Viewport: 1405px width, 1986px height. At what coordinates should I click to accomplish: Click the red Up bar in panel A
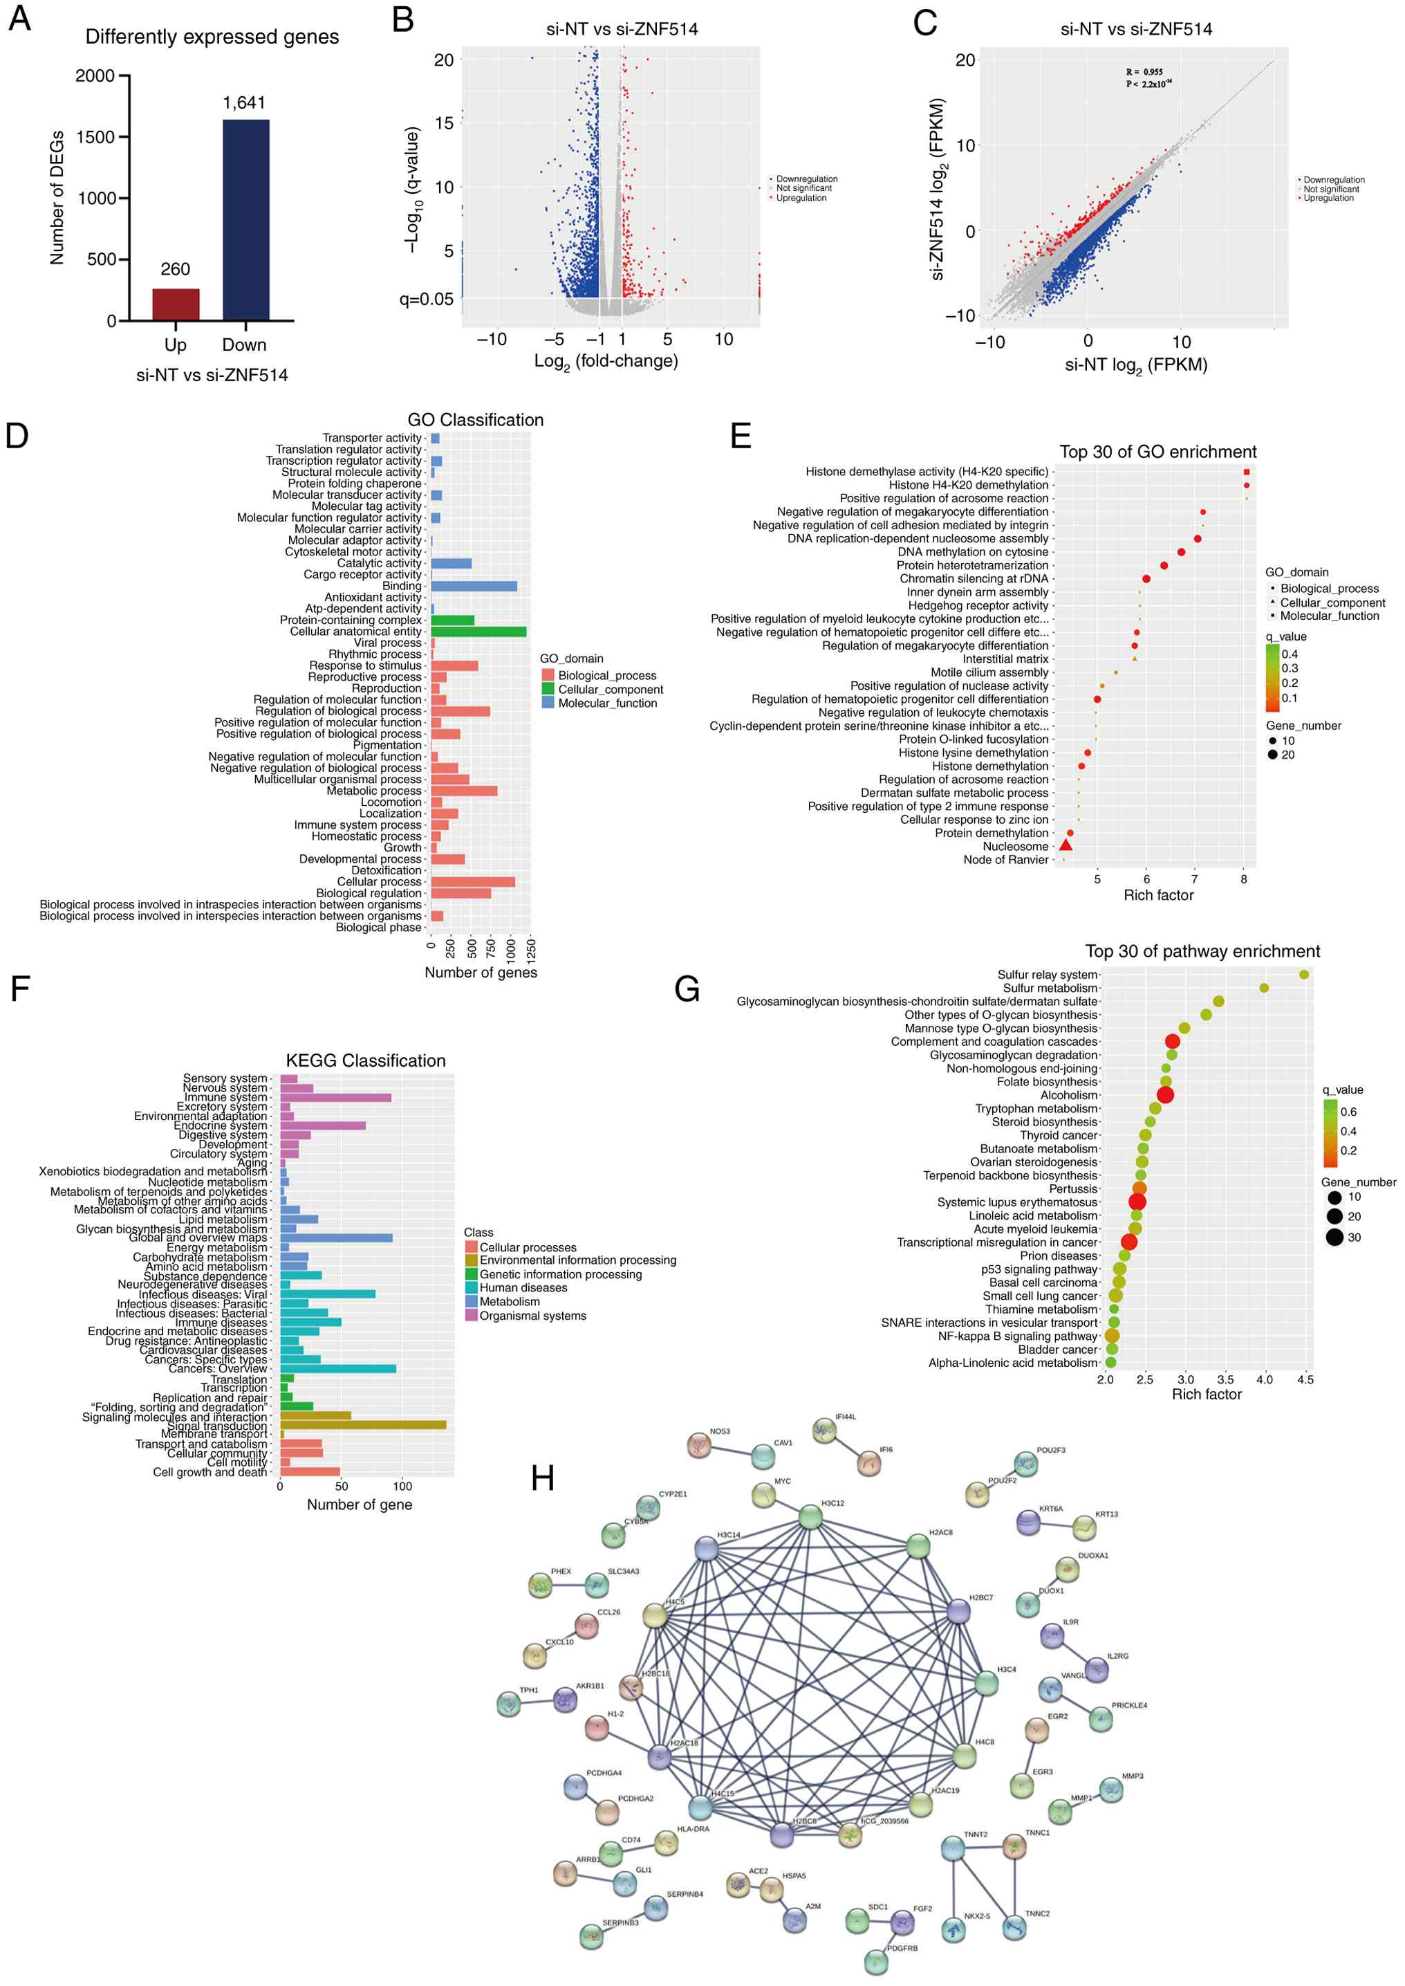[176, 304]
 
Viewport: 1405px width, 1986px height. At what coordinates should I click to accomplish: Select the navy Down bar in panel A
[245, 220]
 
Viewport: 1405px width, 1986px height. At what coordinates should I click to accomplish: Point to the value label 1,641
[244, 103]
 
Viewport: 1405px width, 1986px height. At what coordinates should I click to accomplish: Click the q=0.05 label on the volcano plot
[426, 300]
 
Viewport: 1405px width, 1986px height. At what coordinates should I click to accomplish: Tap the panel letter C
[925, 24]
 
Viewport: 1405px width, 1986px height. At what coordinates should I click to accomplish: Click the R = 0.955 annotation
[1144, 72]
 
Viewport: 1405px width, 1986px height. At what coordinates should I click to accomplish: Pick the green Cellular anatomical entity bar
[478, 632]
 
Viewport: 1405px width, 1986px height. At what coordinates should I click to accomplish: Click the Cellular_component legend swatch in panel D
[548, 690]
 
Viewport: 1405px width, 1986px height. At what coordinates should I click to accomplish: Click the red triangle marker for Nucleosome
[1065, 845]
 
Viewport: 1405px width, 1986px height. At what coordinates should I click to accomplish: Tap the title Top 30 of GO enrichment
[1157, 452]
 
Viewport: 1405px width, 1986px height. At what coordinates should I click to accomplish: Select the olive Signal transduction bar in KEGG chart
[364, 1425]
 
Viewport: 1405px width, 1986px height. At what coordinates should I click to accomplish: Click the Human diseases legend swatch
[472, 1287]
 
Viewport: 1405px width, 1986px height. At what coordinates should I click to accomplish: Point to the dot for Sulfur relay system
[1304, 975]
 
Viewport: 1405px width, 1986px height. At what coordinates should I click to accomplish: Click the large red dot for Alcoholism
[1164, 1094]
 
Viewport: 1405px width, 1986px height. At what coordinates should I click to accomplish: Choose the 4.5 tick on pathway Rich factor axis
[1305, 1379]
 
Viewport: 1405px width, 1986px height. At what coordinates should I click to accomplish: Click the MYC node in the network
[763, 1494]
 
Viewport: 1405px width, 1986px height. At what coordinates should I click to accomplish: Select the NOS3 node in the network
[699, 1444]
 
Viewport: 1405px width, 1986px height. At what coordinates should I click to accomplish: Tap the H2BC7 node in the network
[958, 1611]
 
